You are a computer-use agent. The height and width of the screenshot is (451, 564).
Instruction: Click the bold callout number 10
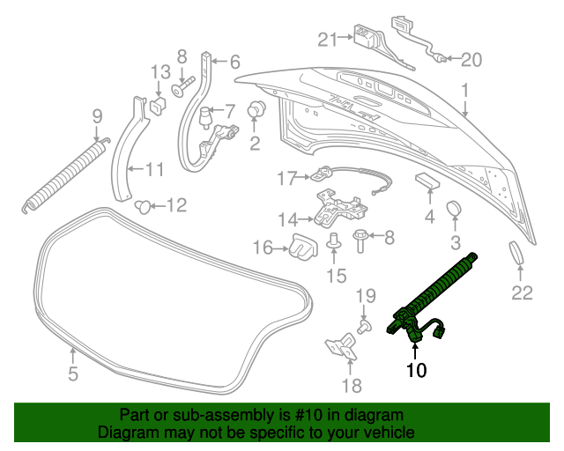click(x=416, y=370)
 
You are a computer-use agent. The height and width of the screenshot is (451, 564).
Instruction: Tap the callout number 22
click(x=522, y=293)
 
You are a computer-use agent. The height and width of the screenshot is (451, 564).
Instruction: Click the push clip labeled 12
click(x=143, y=206)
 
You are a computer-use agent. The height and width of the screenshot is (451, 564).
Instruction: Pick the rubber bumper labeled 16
click(x=303, y=247)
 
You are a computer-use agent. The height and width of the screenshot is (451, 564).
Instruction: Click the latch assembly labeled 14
click(x=340, y=209)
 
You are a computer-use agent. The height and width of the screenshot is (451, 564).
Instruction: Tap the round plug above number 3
click(x=455, y=209)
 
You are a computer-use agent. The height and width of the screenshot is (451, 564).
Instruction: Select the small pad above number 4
click(x=428, y=181)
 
